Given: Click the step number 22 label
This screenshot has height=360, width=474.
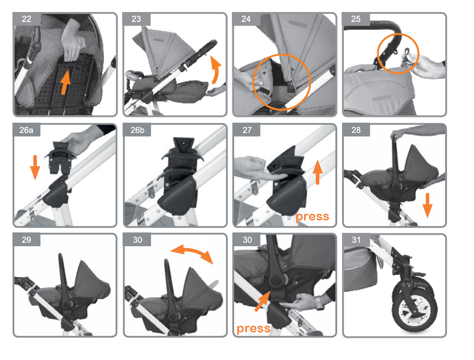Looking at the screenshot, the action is point(27,19).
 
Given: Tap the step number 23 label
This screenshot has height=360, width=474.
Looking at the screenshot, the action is point(136,19).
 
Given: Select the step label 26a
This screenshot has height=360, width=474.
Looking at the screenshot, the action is point(26,130).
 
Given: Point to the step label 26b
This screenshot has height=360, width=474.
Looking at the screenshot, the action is point(137,130).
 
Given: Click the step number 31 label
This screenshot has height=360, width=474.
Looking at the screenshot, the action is point(356,240).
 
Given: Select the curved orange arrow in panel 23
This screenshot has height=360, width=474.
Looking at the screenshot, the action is point(216,70).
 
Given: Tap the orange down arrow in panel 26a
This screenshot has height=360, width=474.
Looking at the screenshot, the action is point(35,167).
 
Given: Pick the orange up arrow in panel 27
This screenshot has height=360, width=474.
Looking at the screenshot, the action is point(318,172).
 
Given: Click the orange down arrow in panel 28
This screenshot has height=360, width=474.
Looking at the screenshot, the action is point(427,206).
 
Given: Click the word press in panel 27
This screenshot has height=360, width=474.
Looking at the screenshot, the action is point(312,216).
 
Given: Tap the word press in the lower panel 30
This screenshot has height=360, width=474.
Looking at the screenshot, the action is point(253,328).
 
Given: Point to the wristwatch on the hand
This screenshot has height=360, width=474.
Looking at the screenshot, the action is point(319,303).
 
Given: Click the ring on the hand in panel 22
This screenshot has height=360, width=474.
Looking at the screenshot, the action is point(69,53).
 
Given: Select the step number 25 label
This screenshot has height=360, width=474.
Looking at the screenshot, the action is point(356,19).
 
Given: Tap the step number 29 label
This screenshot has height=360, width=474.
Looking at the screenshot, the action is point(26,240).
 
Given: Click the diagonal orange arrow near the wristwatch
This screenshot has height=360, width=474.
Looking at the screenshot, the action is point(262,301).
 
